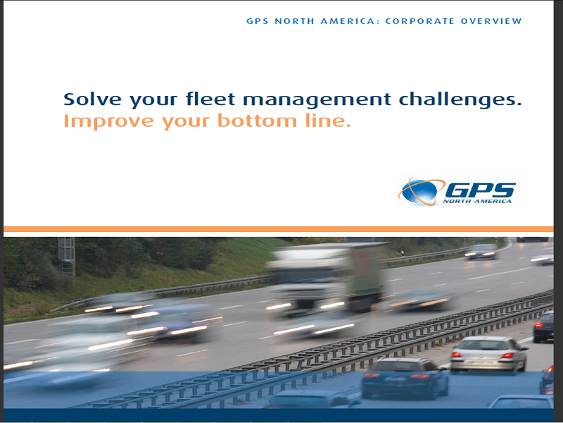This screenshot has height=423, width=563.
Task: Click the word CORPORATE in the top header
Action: click(419, 21)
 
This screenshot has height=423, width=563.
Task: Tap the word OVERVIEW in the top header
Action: click(491, 21)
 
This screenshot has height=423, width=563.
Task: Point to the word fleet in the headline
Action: click(210, 99)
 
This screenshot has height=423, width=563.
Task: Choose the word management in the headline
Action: click(317, 100)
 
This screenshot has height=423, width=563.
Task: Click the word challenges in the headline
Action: click(460, 100)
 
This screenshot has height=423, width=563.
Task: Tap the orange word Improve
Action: click(108, 121)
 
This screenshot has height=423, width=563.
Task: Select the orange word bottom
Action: click(257, 120)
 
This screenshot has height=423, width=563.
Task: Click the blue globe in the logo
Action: click(418, 192)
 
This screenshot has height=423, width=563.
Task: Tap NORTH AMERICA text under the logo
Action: click(477, 201)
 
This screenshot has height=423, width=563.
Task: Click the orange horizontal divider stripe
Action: click(278, 229)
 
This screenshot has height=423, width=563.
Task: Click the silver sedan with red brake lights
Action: click(488, 354)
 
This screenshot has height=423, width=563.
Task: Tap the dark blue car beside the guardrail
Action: click(405, 378)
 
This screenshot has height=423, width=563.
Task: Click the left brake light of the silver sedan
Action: click(457, 355)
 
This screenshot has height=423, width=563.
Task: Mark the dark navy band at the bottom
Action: click(278, 415)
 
